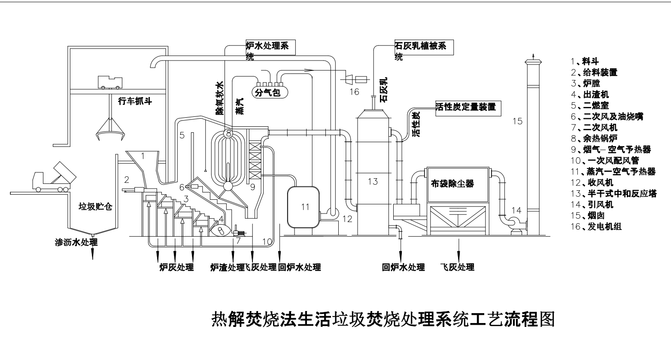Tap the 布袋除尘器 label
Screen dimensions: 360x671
[452, 183]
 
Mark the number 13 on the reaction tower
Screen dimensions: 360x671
[373, 181]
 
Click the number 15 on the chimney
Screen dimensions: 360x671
[517, 121]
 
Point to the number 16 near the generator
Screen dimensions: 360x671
[354, 92]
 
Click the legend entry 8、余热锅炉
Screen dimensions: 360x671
[594, 138]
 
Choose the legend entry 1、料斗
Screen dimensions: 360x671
[585, 61]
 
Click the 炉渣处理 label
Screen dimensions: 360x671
[226, 267]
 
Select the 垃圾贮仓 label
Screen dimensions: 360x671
[95, 207]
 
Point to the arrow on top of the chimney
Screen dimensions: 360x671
[533, 55]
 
